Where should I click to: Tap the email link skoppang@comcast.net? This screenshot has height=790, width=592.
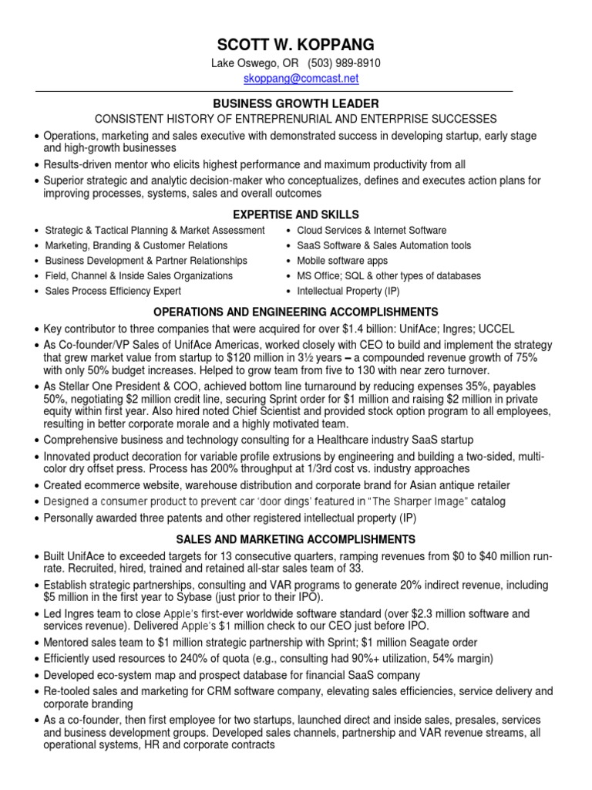295,79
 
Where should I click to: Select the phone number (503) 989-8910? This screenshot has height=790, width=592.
344,63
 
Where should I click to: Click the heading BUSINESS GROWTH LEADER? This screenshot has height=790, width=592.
296,103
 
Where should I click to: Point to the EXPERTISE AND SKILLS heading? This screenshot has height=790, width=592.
295,214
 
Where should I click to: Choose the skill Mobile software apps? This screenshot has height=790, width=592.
343,261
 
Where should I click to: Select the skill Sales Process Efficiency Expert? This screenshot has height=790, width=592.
113,291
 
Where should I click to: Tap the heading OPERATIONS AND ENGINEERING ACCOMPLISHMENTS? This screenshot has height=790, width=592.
296,312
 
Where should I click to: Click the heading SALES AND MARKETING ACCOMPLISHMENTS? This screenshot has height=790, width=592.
296,538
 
